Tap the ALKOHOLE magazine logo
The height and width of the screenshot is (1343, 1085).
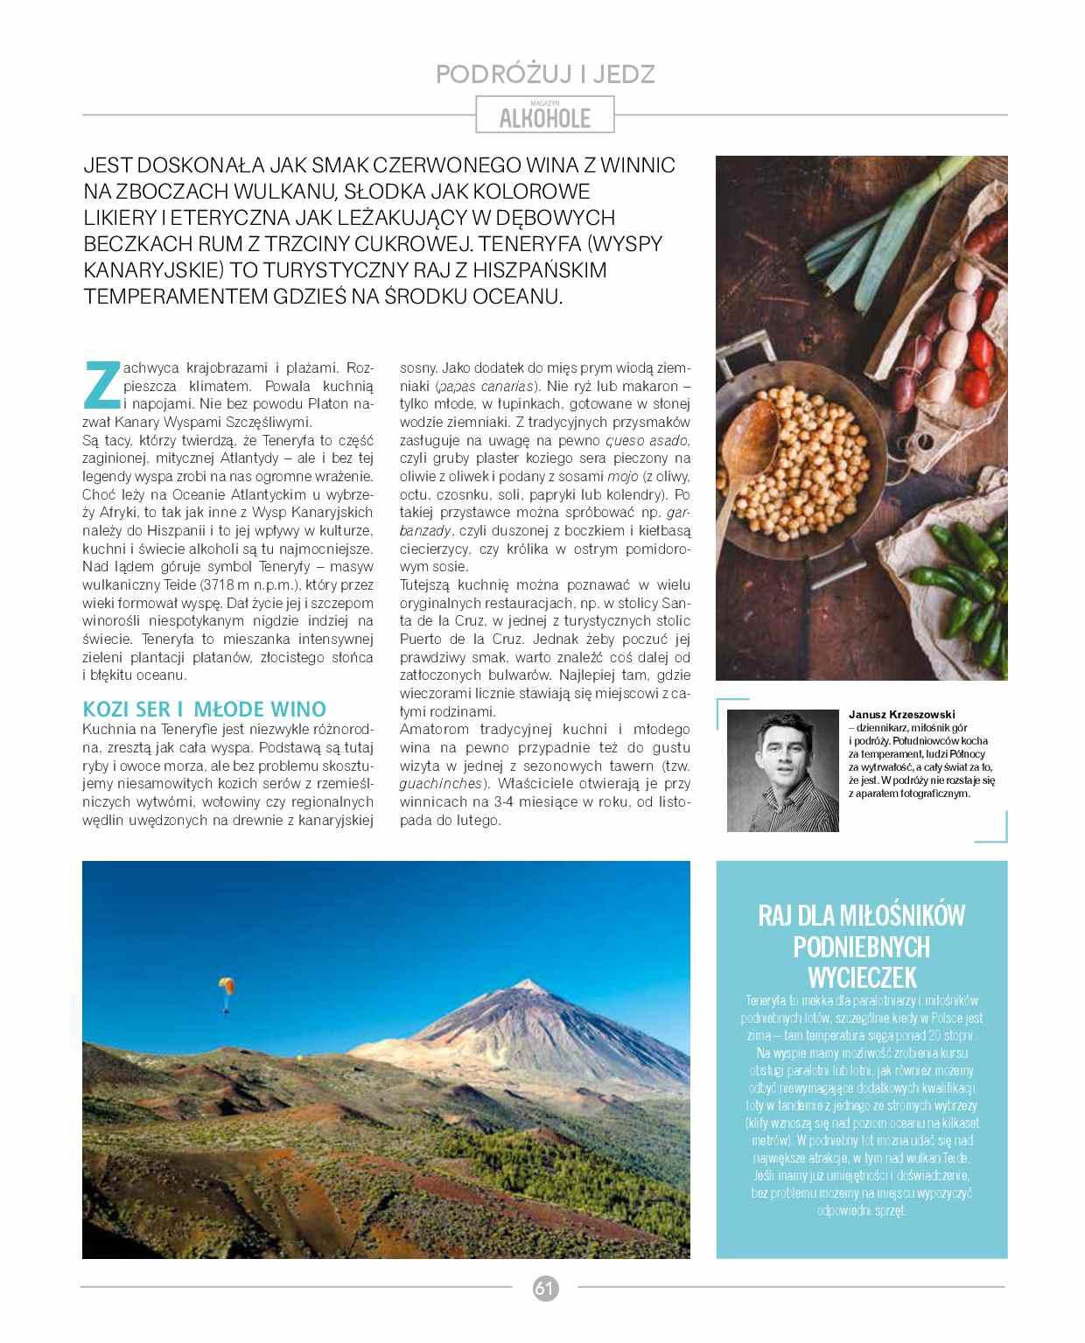(544, 117)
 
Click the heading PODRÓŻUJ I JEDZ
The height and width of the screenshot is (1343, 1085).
(544, 74)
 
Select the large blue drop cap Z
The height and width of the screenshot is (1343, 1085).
(101, 385)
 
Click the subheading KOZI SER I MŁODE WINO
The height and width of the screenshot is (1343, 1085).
(204, 709)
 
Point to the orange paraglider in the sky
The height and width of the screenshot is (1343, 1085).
(227, 986)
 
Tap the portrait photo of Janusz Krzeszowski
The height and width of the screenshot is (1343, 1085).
(782, 770)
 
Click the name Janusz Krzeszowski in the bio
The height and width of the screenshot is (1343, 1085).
(901, 714)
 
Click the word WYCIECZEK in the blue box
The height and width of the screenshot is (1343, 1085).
(861, 976)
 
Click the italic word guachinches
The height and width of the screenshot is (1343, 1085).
(441, 784)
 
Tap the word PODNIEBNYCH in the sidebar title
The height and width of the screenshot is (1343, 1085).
(861, 946)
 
